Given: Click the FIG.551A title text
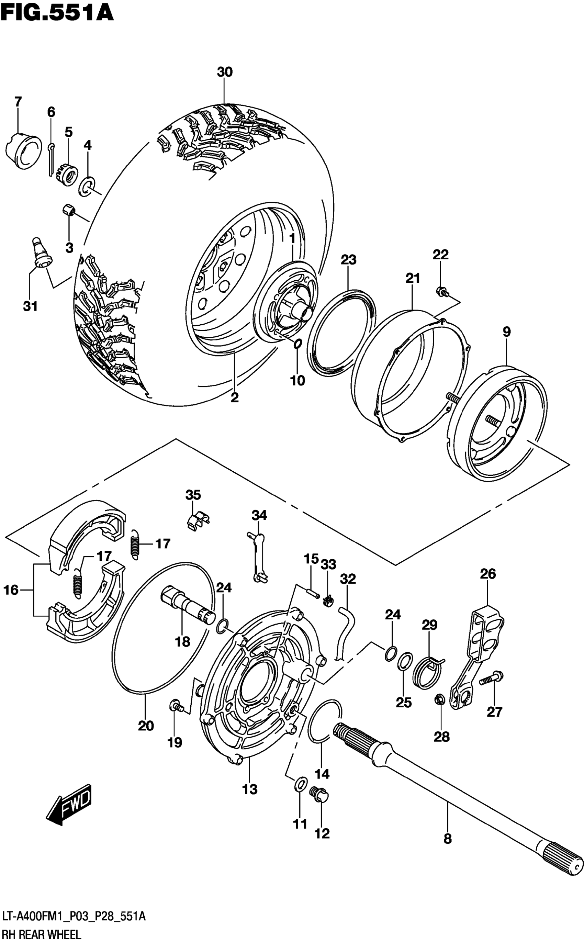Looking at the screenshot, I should click(57, 12).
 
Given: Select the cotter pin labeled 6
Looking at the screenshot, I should click(51, 159).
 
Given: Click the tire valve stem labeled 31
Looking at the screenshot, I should click(41, 253).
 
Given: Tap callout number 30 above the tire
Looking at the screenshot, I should click(224, 72).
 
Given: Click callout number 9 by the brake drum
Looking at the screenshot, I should click(507, 332).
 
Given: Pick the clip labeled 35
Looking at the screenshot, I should click(197, 520).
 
